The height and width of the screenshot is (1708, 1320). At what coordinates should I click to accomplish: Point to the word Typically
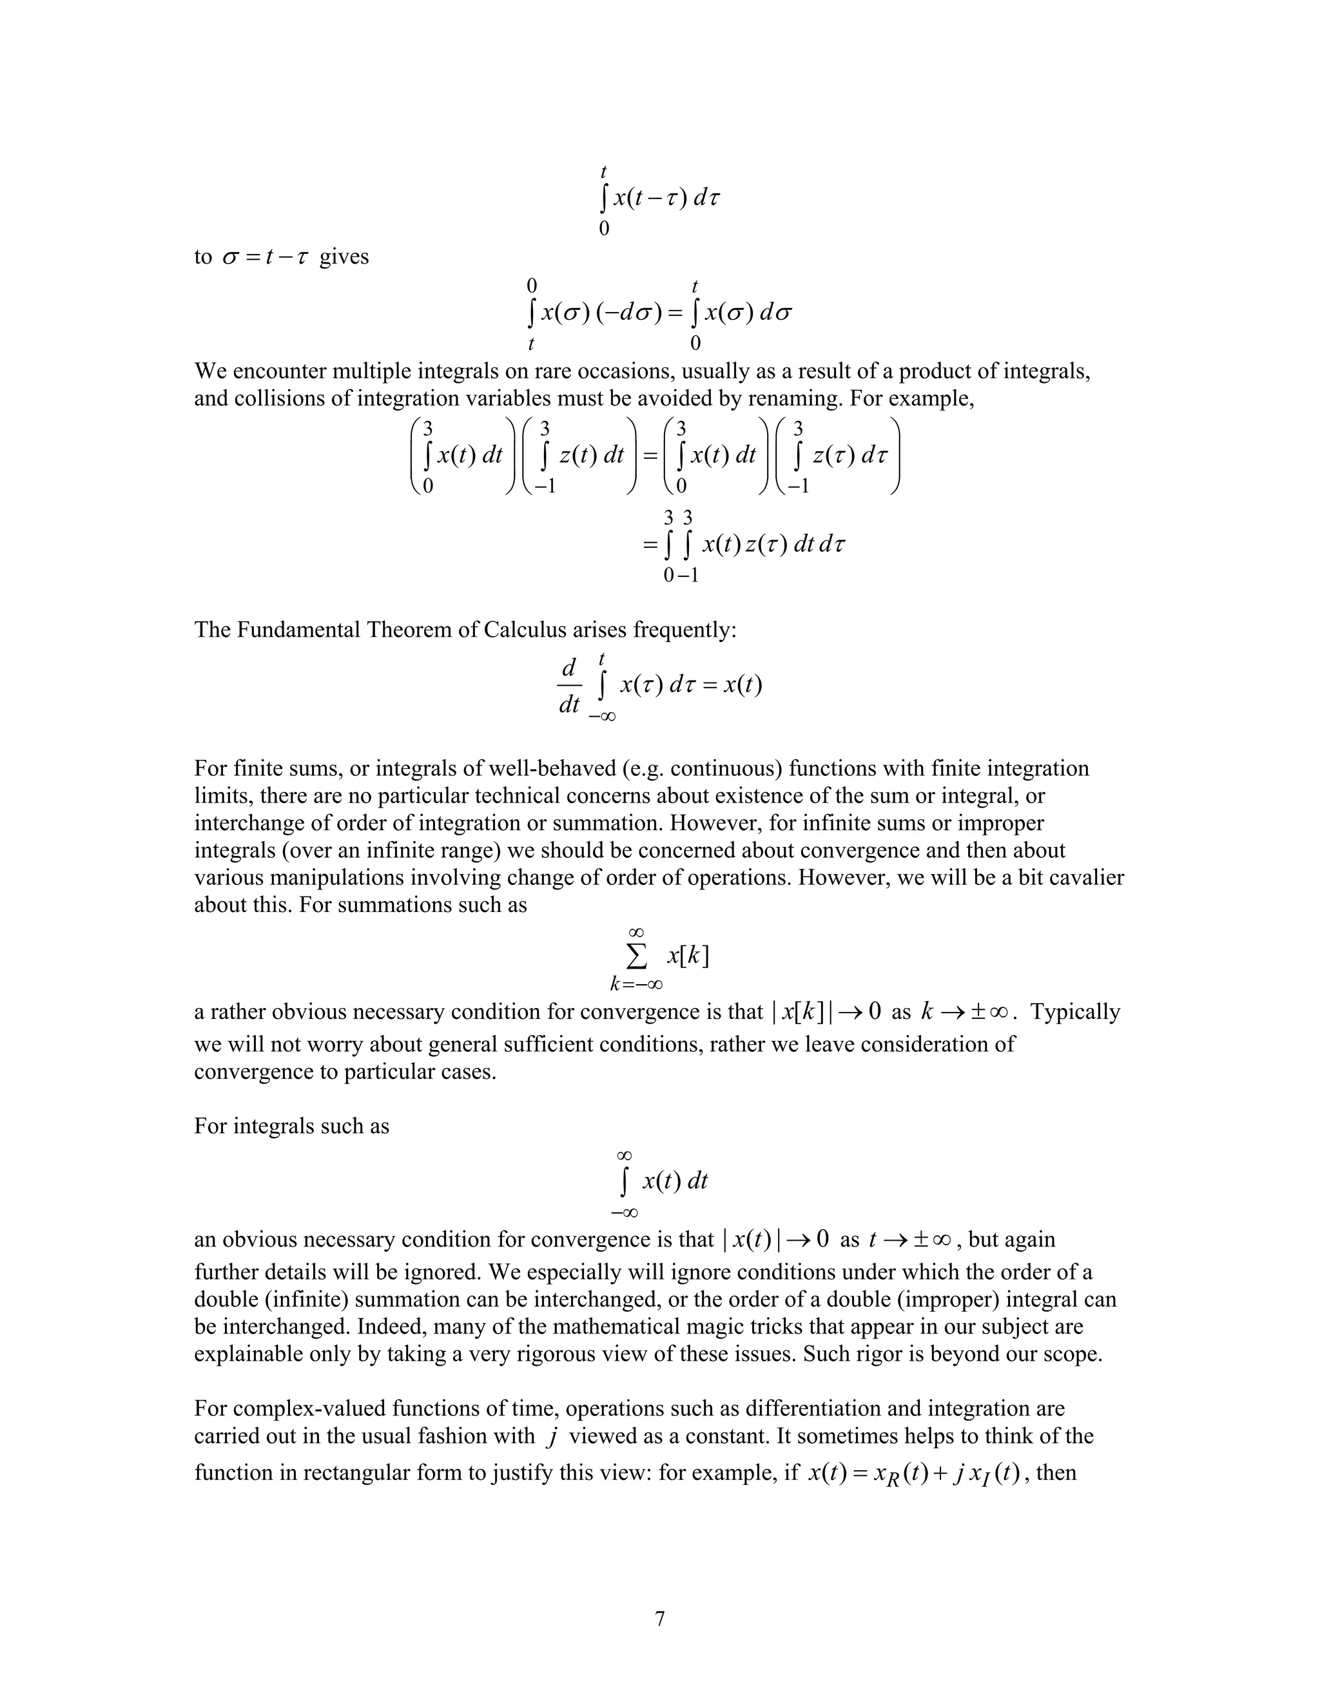1075,1012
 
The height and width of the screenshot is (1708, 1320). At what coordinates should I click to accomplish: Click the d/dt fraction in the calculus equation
569,686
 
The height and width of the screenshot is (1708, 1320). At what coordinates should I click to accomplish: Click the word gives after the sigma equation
344,257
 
